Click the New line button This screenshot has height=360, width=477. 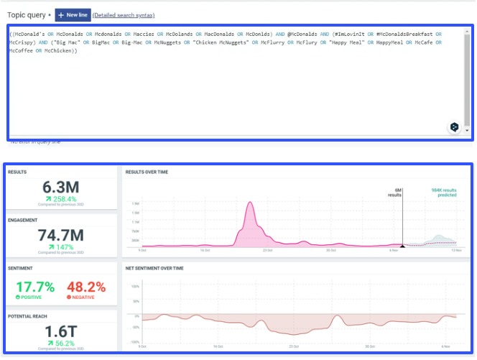(x=73, y=15)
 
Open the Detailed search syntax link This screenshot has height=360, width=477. (x=124, y=15)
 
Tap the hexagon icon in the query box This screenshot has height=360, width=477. (x=454, y=126)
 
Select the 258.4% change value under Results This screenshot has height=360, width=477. (x=65, y=198)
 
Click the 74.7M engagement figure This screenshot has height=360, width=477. (x=61, y=234)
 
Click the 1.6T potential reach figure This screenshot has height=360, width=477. (x=61, y=333)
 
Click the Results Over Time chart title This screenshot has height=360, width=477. (x=147, y=172)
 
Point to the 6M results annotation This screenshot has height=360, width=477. (x=399, y=193)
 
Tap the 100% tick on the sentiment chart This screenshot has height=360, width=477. (x=134, y=286)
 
